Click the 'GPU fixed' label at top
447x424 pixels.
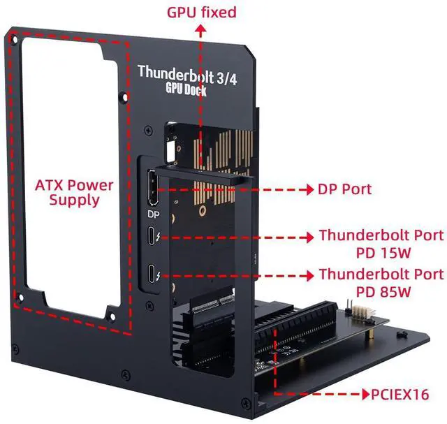(201, 12)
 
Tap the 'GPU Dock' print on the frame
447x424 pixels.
(186, 89)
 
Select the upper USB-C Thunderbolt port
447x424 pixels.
(152, 237)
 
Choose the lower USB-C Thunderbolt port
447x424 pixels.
(152, 275)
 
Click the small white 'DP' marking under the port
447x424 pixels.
(154, 214)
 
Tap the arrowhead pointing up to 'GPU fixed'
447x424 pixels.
(201, 29)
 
